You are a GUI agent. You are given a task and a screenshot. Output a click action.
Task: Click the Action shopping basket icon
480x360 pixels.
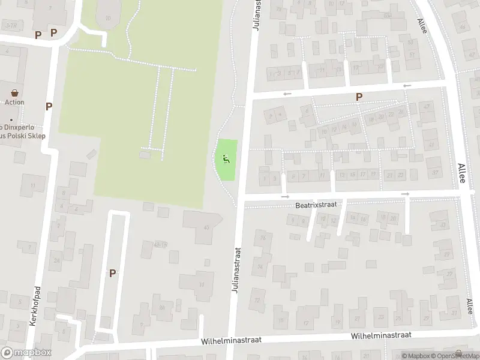15,93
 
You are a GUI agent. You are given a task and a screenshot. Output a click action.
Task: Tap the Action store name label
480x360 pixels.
14,102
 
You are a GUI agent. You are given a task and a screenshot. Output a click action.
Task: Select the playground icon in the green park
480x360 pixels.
226,159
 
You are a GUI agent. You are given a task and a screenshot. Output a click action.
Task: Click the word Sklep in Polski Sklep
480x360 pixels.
35,136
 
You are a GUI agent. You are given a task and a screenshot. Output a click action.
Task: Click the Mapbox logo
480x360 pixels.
26,353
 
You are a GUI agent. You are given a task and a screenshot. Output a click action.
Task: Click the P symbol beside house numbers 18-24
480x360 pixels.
359,97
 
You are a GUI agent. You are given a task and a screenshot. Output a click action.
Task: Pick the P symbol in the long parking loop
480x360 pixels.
112,273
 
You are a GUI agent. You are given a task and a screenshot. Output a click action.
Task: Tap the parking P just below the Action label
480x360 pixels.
49,106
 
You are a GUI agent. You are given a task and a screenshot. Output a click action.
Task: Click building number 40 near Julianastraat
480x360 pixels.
206,227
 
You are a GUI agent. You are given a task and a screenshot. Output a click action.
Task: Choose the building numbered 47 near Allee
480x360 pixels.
428,106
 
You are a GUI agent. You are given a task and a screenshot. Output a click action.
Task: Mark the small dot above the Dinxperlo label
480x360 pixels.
11,119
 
